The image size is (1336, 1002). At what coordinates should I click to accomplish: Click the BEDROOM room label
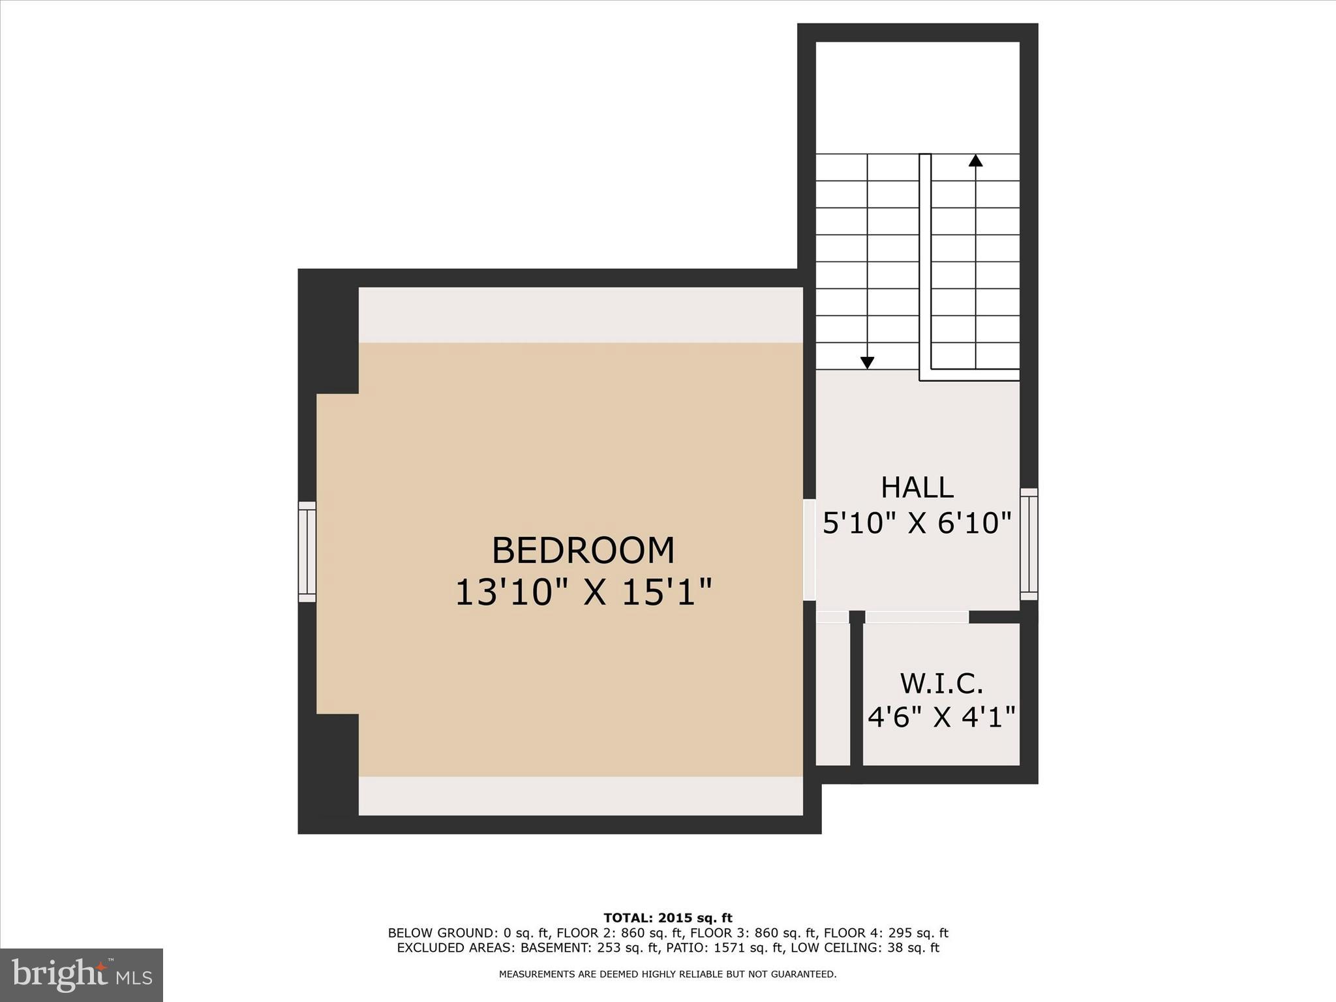(x=583, y=550)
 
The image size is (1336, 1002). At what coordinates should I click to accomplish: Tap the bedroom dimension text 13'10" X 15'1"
(x=583, y=592)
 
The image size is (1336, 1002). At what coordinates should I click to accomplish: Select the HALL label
(x=917, y=487)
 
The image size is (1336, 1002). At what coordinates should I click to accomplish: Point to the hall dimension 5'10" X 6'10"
(x=917, y=523)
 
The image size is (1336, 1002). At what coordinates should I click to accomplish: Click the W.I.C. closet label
(x=941, y=684)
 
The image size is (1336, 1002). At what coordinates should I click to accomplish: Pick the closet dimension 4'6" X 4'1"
(x=941, y=717)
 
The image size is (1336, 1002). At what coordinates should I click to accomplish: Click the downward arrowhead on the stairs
(x=867, y=363)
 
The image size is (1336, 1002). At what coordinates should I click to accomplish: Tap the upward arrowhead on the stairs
(x=975, y=160)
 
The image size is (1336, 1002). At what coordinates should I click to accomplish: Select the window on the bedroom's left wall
(x=307, y=551)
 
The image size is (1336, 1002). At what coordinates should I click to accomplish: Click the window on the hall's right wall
(x=1029, y=543)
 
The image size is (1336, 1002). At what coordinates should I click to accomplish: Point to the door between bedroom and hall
(x=810, y=549)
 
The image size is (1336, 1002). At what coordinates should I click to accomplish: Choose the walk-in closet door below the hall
(x=917, y=616)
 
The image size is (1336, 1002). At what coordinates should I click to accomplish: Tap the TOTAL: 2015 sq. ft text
(x=667, y=918)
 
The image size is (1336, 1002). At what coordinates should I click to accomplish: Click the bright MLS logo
(x=82, y=975)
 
